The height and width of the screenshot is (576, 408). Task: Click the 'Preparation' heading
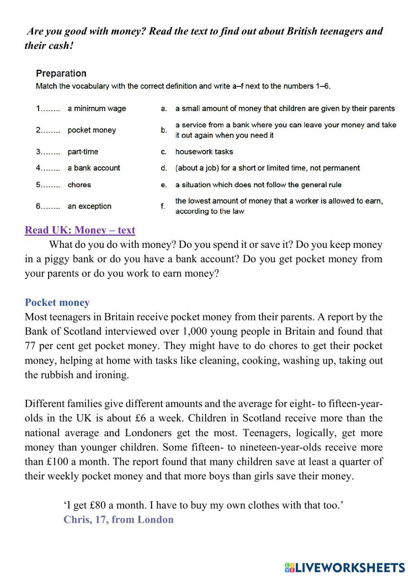click(x=61, y=73)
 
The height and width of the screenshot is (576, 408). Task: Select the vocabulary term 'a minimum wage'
click(x=97, y=108)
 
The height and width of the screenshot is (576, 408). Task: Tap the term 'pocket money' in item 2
click(x=92, y=130)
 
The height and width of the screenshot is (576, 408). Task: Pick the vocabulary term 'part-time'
click(x=83, y=152)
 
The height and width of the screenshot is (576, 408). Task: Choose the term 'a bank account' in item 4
click(x=94, y=168)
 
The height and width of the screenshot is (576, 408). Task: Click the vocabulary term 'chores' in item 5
click(x=79, y=185)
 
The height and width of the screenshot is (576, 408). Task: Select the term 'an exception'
click(x=89, y=206)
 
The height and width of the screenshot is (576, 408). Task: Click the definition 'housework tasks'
click(x=204, y=152)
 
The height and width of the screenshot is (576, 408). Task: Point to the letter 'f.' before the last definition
click(x=163, y=206)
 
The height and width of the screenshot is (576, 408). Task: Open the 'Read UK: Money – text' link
click(x=80, y=230)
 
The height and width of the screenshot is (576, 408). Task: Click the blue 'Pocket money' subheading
click(x=57, y=302)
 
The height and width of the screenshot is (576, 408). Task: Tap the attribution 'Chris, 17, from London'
click(x=118, y=519)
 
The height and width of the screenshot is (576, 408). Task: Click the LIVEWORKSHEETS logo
click(x=344, y=567)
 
